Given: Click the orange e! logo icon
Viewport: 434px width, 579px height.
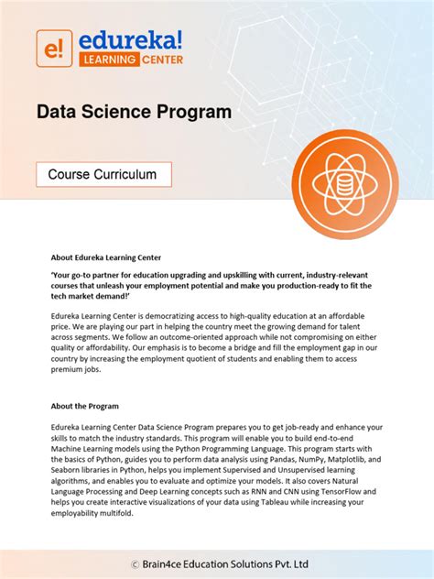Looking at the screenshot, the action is coord(53,49).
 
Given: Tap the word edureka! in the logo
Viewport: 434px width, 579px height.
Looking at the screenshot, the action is coord(129,40).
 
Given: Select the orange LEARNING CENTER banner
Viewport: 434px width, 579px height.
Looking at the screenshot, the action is coord(131,60).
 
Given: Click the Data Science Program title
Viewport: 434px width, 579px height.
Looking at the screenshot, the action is coord(134,113).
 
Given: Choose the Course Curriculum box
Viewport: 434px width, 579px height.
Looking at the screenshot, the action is coord(103,174).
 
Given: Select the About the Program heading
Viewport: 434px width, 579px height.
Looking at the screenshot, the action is coord(85,406).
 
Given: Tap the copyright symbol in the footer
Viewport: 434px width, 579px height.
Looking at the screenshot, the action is coord(135,565).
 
